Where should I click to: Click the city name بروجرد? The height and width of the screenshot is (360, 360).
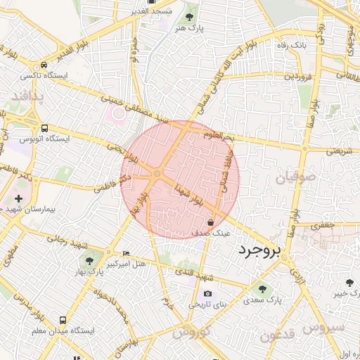point(259,250)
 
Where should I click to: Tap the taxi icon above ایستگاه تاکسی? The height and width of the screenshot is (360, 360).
point(44,64)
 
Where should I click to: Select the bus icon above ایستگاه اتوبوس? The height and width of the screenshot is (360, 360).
point(45,129)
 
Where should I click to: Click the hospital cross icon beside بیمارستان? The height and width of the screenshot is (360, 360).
point(18,200)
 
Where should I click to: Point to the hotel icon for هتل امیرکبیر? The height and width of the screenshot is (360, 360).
point(126,253)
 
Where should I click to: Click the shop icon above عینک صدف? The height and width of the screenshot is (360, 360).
point(210,222)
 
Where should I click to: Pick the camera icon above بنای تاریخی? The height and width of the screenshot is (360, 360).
point(207,293)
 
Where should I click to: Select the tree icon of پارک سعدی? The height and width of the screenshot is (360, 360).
point(262,289)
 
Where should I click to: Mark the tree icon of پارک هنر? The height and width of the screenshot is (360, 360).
point(190,17)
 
